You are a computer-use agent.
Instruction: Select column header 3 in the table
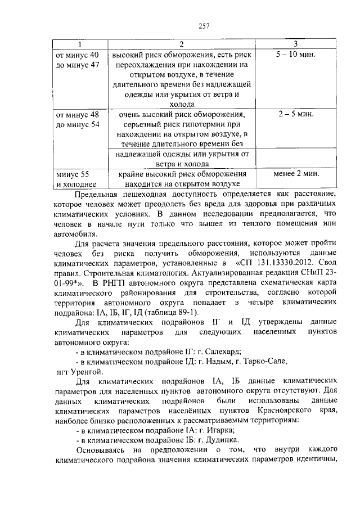295,44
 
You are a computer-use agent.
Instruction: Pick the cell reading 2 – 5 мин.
296,114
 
